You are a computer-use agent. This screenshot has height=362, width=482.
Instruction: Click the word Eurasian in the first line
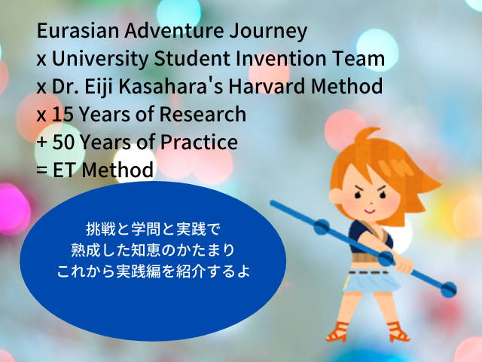(78, 30)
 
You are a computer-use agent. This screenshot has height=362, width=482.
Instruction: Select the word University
(100, 60)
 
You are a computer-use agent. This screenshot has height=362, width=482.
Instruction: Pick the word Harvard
(267, 86)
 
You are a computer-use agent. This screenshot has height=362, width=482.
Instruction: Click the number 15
(63, 114)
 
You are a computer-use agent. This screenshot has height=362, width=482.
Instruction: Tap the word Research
(203, 114)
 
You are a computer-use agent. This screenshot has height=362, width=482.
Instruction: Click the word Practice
(199, 142)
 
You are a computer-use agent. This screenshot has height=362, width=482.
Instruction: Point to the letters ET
(65, 170)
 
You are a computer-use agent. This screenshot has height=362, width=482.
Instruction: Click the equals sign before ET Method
(42, 171)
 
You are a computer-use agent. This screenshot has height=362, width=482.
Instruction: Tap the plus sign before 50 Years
(42, 143)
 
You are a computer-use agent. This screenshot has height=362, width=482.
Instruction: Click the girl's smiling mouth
(370, 211)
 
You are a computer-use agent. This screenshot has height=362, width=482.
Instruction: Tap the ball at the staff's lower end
(449, 290)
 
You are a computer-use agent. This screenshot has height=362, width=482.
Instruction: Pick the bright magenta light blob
(13, 209)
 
